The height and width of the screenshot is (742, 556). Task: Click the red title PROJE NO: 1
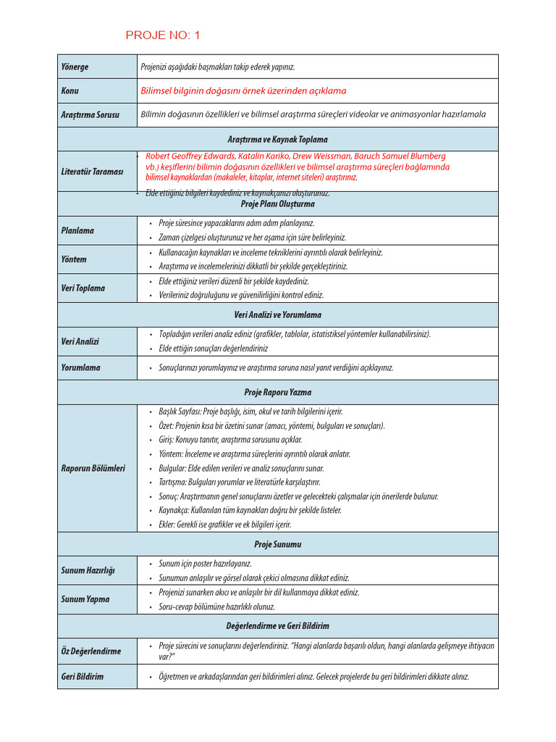(x=163, y=36)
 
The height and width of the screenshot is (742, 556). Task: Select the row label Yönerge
(x=75, y=67)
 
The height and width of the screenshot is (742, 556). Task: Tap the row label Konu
(x=70, y=91)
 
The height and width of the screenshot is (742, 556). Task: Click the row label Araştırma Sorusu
(x=90, y=114)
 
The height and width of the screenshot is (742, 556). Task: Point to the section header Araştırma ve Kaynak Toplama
(x=277, y=139)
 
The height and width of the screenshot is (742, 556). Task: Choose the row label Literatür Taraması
(x=92, y=172)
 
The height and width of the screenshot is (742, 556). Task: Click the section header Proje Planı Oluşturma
(x=277, y=204)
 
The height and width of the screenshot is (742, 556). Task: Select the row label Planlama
(x=77, y=230)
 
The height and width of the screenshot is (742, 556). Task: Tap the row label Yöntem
(x=74, y=259)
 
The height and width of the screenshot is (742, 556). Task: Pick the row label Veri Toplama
(x=83, y=288)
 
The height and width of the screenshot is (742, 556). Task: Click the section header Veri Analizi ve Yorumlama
(x=277, y=315)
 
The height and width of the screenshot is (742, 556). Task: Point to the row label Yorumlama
(x=80, y=367)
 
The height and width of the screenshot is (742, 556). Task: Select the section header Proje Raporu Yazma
(x=277, y=392)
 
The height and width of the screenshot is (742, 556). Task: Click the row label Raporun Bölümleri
(x=93, y=468)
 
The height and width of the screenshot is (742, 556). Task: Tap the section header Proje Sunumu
(x=277, y=544)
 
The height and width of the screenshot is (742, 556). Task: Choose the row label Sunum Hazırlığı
(x=88, y=570)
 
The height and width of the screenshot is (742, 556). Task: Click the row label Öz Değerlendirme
(x=90, y=651)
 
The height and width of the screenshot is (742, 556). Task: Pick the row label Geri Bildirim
(x=82, y=677)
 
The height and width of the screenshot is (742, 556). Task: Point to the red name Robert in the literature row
(x=159, y=156)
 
